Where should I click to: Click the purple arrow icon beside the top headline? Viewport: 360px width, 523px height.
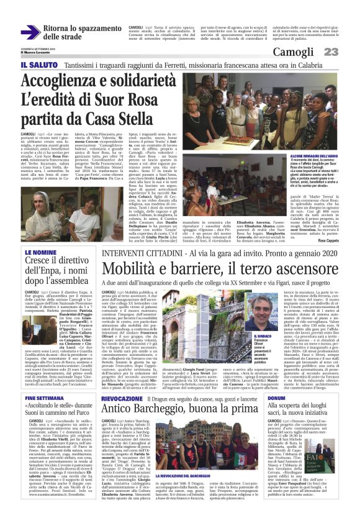pyautogui.click(x=30, y=32)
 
